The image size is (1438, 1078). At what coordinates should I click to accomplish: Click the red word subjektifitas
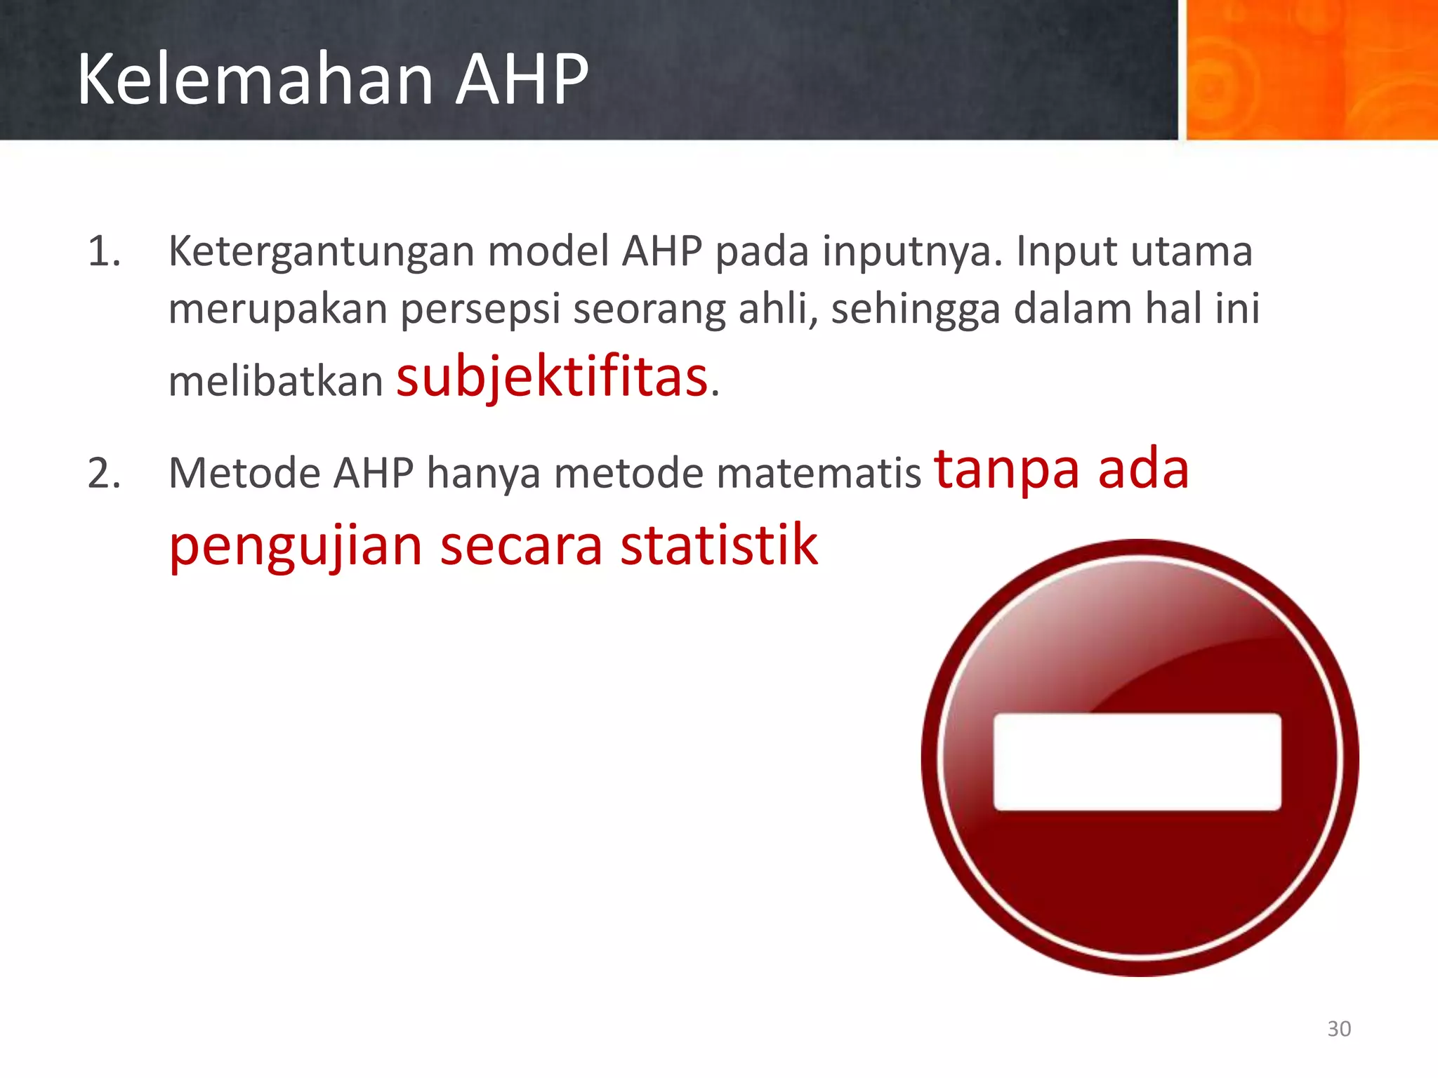552,377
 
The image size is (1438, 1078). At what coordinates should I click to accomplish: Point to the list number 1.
104,251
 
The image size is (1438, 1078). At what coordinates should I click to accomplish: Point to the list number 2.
104,472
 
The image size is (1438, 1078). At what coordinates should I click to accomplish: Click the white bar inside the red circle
1137,761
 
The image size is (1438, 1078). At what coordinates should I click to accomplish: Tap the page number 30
1338,1028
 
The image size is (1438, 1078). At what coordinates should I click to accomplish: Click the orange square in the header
1311,69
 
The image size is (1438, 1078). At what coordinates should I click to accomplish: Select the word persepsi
480,309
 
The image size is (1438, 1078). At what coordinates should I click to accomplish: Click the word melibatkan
275,382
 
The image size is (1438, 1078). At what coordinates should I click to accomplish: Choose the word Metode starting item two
244,472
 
